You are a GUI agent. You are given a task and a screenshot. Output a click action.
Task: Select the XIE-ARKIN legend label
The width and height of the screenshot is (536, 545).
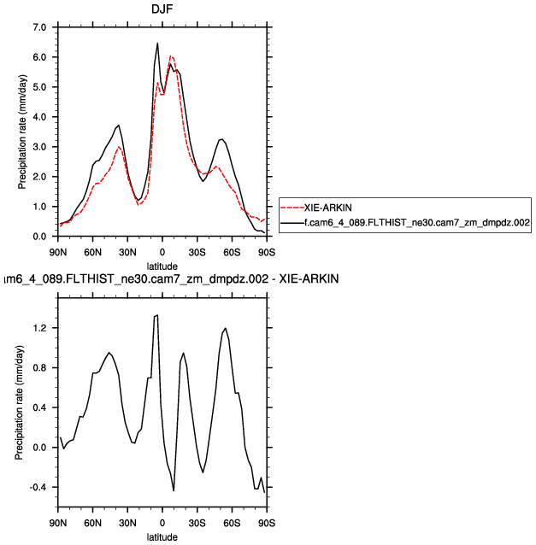(329, 206)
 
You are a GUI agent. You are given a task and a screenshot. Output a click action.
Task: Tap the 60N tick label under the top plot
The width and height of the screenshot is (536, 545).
(92, 253)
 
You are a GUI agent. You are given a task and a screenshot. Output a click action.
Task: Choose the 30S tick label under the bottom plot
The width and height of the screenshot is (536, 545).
(197, 524)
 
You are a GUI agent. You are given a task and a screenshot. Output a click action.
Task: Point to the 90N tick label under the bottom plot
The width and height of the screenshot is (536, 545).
(57, 524)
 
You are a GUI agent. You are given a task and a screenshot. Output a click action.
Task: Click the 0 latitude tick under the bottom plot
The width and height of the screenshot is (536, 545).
(162, 524)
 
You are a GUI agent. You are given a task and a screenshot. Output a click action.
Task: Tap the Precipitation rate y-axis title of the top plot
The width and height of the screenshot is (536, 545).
(21, 132)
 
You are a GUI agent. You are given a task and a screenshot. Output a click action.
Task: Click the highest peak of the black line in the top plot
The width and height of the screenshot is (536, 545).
(157, 43)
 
